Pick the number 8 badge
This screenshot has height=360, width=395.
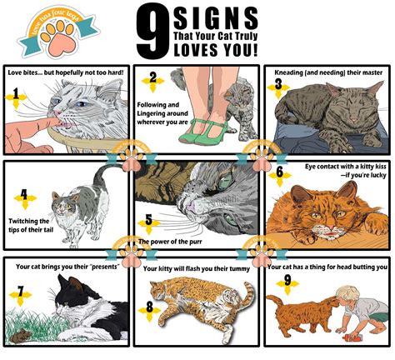[x=149, y=307]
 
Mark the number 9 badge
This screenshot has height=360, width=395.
[x=288, y=281]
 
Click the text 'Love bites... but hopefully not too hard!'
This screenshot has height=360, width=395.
[x=66, y=72]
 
